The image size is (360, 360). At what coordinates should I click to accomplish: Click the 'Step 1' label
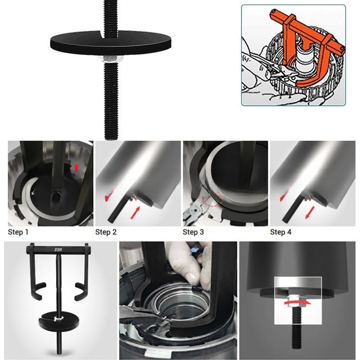(x=18, y=232)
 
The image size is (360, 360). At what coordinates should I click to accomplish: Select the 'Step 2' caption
(x=106, y=232)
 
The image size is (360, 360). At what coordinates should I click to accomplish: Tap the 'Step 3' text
(x=194, y=232)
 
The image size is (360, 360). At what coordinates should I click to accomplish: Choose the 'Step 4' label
(x=281, y=232)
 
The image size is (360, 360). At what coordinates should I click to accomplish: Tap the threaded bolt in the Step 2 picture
(x=117, y=211)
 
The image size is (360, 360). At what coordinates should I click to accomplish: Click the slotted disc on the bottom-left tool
(x=59, y=320)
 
